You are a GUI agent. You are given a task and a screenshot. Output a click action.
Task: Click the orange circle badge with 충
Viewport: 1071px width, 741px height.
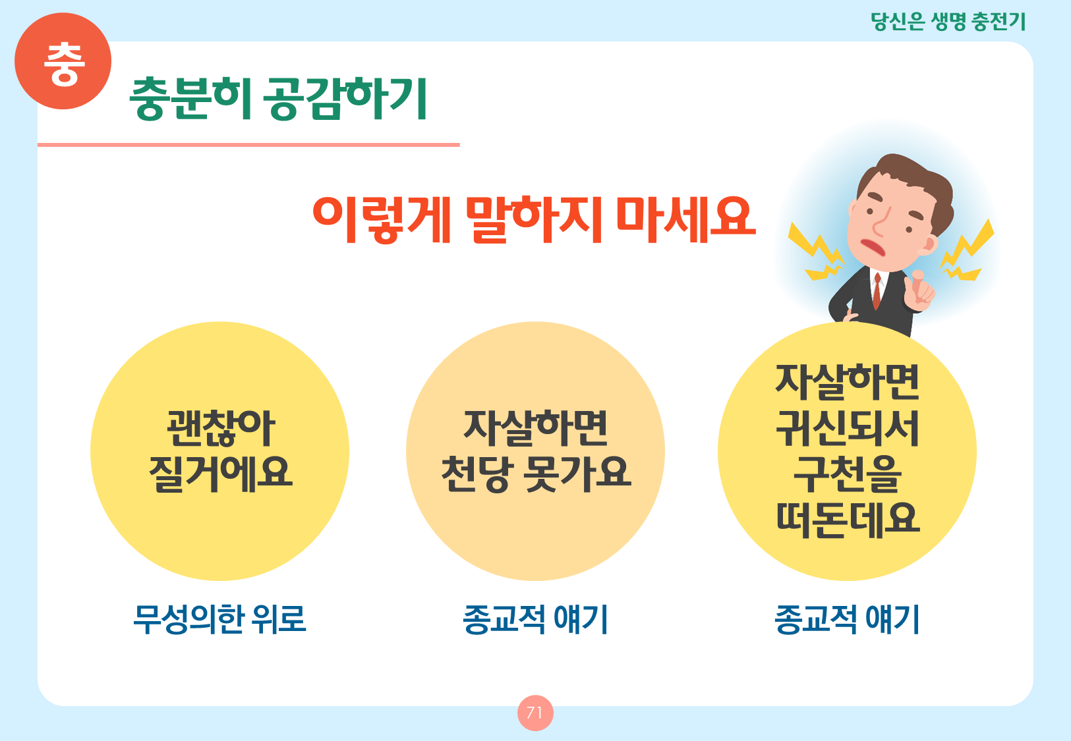(63, 61)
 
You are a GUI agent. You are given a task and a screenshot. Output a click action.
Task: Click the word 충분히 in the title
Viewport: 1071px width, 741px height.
(190, 98)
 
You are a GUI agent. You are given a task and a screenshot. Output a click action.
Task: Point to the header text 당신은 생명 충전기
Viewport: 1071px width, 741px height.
(948, 22)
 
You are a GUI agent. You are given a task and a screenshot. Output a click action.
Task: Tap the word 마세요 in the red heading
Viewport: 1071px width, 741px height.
(686, 220)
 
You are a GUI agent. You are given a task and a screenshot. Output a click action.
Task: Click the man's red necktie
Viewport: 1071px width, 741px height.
(877, 291)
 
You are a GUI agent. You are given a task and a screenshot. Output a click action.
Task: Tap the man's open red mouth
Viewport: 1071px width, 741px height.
(873, 247)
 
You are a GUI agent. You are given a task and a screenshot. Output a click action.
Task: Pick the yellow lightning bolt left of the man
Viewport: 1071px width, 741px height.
(815, 252)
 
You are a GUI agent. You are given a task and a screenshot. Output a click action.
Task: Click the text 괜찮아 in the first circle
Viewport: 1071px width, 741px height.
(220, 428)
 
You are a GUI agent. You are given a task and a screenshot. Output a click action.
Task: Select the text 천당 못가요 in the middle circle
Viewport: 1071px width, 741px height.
(535, 474)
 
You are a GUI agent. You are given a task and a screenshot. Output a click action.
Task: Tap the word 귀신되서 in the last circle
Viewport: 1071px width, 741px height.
(847, 428)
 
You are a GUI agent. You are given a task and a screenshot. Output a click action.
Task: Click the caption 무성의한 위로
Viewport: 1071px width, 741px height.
(219, 619)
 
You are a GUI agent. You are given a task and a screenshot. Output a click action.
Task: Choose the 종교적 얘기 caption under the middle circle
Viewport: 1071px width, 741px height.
(535, 619)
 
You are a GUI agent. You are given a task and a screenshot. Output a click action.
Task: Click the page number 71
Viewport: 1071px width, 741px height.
(535, 713)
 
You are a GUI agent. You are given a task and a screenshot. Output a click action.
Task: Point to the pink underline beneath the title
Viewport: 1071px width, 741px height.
(248, 145)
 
